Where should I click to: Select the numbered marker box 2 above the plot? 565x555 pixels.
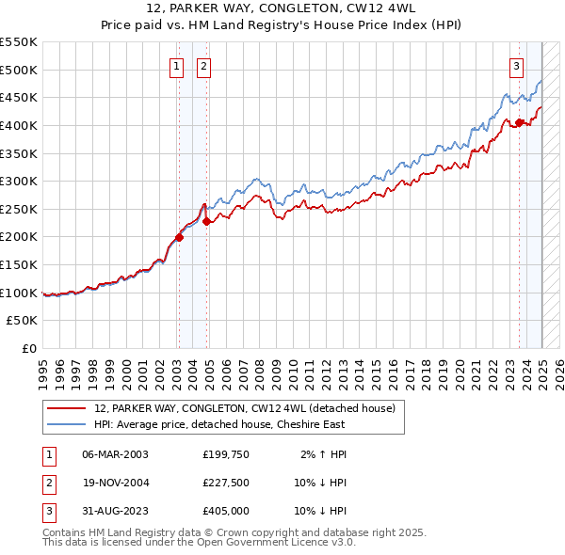point(203,66)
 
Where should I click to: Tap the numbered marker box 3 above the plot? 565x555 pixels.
point(517,66)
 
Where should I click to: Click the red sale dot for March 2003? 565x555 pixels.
point(179,237)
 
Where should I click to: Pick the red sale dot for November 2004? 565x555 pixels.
point(206,222)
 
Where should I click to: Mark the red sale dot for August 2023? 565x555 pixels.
point(519,122)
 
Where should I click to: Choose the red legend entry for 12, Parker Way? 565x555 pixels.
point(250,408)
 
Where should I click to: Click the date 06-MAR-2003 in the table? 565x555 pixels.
point(116,454)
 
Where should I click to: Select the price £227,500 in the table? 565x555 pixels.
point(226,483)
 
